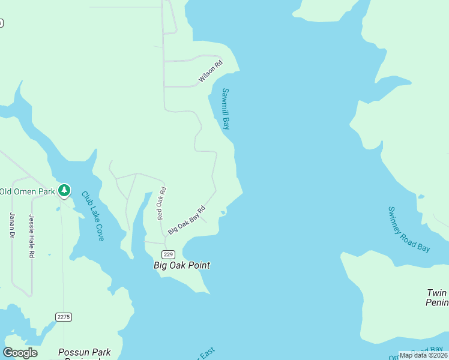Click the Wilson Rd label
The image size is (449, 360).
(211, 71)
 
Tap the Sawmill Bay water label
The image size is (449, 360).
(226, 109)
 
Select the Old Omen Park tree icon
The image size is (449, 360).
(64, 191)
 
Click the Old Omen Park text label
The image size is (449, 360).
(27, 191)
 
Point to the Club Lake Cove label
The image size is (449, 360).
(93, 216)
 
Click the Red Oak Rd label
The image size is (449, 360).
(161, 203)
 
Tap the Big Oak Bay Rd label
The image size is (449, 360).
(187, 220)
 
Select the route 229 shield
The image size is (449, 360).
(168, 254)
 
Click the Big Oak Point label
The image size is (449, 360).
(182, 265)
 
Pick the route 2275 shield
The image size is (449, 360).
(64, 317)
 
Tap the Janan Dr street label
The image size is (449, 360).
(11, 225)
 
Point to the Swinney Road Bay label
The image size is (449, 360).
(409, 229)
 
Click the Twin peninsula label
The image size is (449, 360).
(437, 298)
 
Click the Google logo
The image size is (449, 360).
(20, 353)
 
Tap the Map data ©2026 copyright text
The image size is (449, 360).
(423, 355)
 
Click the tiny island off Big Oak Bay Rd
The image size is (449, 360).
(223, 212)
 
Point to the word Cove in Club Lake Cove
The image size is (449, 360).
(98, 233)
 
